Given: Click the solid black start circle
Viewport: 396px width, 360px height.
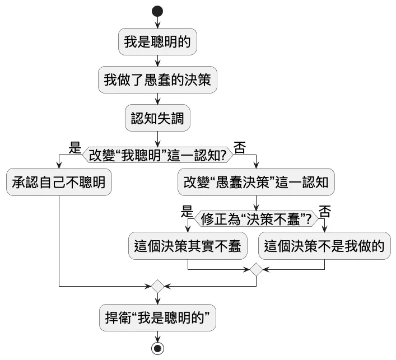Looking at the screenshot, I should point(157,11).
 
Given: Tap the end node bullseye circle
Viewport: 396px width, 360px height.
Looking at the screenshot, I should point(157,348).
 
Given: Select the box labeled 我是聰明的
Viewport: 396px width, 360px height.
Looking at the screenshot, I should point(157,42).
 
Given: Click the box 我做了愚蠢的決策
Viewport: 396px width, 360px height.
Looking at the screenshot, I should point(157,80).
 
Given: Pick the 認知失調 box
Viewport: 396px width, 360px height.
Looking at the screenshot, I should point(157,118).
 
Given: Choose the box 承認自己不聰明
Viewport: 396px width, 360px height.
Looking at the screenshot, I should point(59,182).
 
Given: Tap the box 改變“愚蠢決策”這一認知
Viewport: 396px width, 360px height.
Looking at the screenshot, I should point(257,182).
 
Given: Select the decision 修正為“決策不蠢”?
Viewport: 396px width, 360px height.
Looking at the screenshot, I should point(257,219).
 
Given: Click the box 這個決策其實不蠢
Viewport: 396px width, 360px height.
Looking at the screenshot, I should point(188,246).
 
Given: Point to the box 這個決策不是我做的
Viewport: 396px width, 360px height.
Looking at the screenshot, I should point(325,246).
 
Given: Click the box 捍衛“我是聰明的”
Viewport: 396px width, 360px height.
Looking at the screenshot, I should point(157,317).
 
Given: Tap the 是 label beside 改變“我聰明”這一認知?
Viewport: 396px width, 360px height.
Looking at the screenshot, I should point(74,148).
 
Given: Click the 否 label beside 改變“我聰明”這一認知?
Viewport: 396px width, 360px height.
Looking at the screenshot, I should point(240,148).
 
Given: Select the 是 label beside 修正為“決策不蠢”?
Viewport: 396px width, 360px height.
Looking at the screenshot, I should point(187,212).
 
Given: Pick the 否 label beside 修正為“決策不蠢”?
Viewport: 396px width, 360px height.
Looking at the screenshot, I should point(325,212).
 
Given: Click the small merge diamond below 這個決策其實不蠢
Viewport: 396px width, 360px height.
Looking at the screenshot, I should point(257,269).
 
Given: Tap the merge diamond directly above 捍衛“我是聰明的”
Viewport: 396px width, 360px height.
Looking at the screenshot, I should point(157,286).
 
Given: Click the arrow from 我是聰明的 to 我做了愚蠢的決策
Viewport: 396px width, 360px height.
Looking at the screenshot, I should point(157,61).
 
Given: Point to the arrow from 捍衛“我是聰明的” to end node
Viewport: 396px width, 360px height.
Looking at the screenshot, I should point(157,336).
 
